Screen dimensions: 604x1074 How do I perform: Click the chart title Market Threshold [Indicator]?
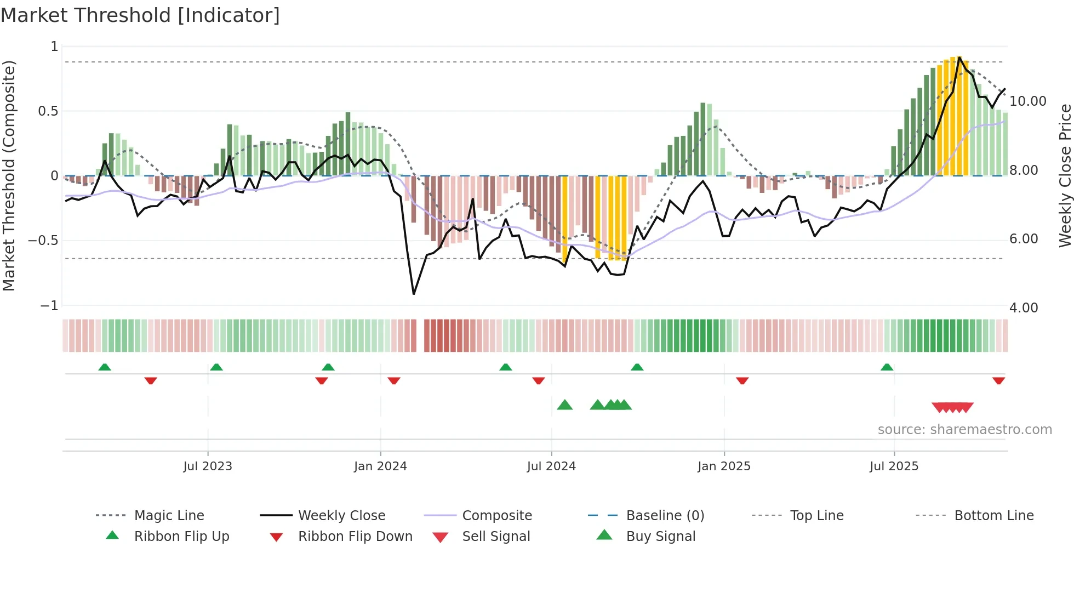click(140, 15)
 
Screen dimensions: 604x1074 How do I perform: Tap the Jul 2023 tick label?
click(208, 466)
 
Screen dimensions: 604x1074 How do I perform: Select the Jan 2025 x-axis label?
click(724, 466)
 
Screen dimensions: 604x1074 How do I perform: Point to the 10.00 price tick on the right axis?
click(1028, 101)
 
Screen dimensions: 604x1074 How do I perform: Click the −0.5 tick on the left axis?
click(43, 241)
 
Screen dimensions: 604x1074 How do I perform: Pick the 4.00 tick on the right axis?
click(1024, 308)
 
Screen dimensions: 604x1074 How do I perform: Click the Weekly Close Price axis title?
click(1065, 175)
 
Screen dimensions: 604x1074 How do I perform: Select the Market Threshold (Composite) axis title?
click(9, 175)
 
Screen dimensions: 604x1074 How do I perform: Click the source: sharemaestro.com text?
click(964, 430)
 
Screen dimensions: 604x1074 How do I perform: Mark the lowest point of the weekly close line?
click(414, 294)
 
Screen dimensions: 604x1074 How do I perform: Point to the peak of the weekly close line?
click(959, 57)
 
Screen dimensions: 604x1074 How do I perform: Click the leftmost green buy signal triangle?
click(564, 406)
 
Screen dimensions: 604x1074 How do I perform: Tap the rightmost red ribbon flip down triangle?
click(998, 380)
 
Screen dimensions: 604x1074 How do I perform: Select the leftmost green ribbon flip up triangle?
click(105, 367)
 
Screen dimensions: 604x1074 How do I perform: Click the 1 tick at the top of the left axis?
click(54, 47)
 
